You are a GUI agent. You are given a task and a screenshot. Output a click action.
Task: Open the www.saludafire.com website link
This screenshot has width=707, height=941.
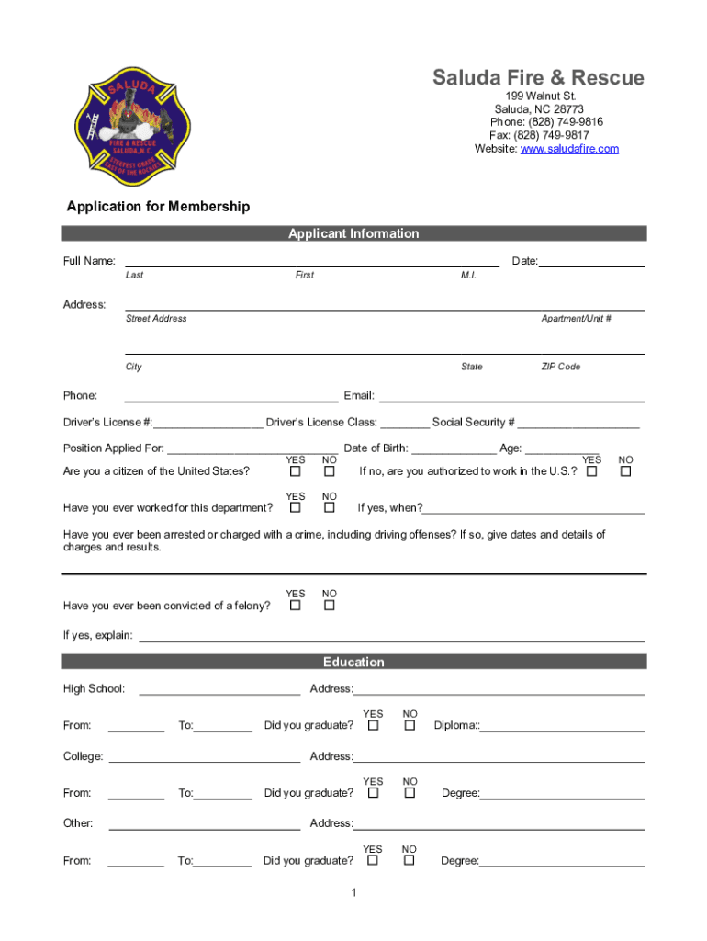click(x=569, y=149)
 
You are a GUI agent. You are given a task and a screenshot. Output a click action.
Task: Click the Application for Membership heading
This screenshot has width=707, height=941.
click(x=158, y=207)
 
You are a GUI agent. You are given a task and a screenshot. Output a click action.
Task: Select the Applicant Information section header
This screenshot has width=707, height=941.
click(x=353, y=233)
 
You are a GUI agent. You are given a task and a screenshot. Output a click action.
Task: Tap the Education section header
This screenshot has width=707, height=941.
click(x=353, y=662)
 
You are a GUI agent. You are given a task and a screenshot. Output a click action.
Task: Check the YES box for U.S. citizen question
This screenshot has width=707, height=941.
click(x=296, y=471)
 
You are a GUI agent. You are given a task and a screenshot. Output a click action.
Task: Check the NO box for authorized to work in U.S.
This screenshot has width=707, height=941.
click(x=625, y=471)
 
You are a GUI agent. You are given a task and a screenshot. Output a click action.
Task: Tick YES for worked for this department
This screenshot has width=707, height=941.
click(x=296, y=507)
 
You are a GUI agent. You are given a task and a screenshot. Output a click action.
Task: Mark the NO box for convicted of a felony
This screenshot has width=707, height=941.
click(x=330, y=606)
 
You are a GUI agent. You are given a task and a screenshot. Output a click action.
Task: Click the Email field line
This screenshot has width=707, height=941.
click(x=511, y=397)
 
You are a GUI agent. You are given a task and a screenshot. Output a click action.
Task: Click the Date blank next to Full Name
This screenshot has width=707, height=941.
click(x=591, y=263)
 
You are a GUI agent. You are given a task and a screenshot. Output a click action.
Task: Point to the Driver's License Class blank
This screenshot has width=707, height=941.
click(x=404, y=424)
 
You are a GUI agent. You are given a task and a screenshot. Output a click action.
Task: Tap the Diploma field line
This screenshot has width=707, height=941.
click(x=562, y=727)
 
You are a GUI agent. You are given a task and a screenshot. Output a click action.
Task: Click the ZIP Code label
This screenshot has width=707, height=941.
click(x=560, y=367)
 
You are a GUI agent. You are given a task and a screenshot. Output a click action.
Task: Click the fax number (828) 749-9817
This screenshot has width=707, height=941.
click(x=551, y=135)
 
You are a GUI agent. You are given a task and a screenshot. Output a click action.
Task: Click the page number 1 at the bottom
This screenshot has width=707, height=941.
click(x=353, y=893)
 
